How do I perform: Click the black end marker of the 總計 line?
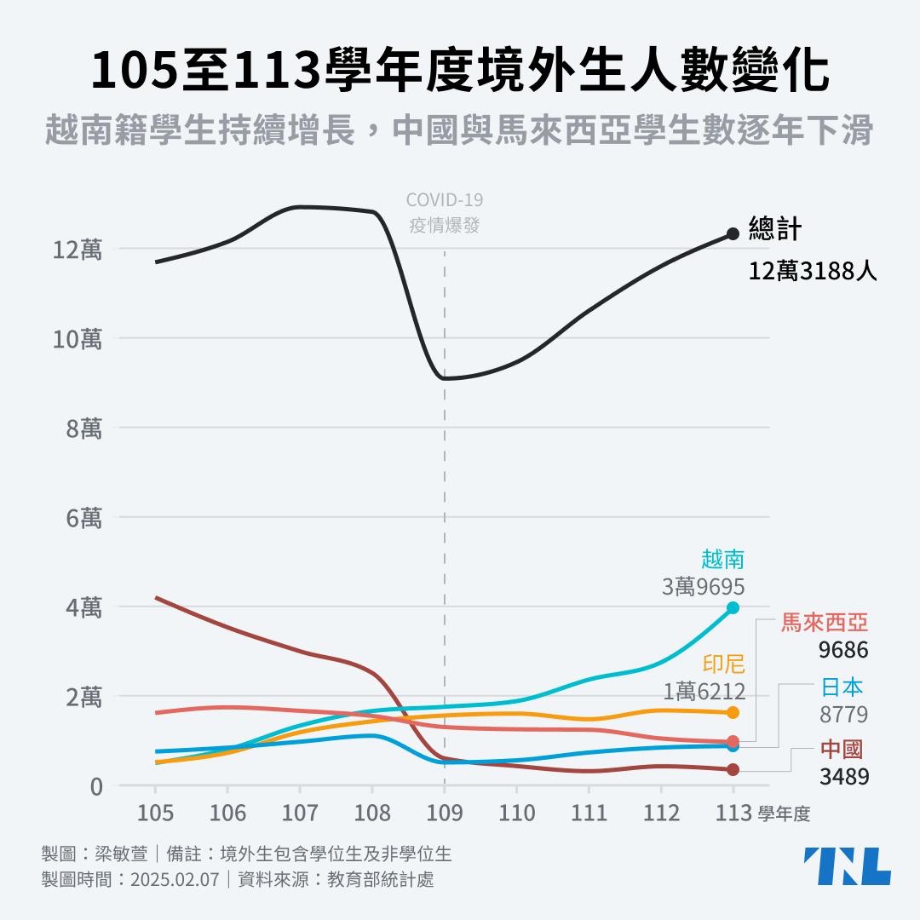(733, 233)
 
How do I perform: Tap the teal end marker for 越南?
(733, 607)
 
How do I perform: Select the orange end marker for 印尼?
(733, 712)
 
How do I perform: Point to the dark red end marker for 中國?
(733, 769)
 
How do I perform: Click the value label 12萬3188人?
(813, 272)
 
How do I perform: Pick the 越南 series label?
(722, 560)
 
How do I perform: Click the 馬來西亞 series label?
(825, 623)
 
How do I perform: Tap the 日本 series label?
(842, 687)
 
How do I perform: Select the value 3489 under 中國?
(844, 777)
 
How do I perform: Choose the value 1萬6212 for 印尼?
(704, 692)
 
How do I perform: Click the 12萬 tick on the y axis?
(77, 250)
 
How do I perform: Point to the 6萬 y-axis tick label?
(83, 518)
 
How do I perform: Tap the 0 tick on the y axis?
(96, 786)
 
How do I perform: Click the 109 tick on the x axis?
(445, 813)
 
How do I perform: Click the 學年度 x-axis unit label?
(784, 814)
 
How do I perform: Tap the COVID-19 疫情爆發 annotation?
(445, 213)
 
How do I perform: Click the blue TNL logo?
(847, 865)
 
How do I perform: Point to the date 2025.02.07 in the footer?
(175, 879)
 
